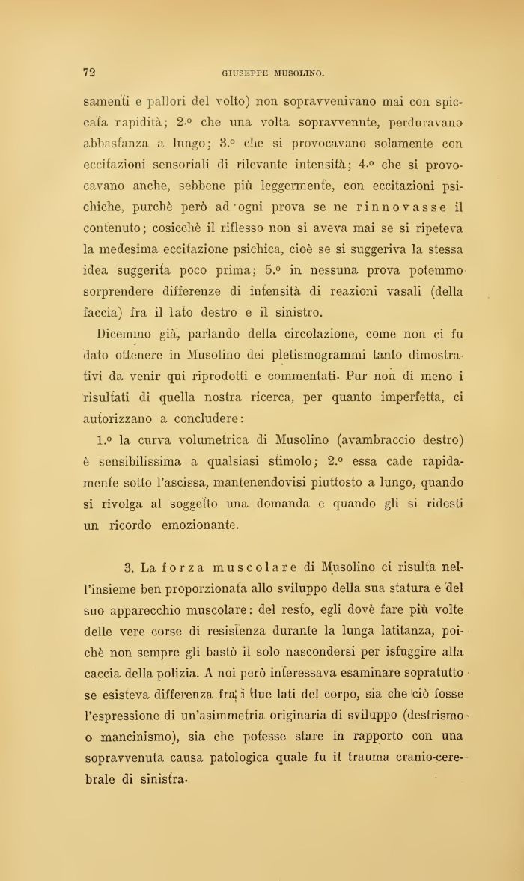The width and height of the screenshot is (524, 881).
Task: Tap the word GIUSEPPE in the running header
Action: pyautogui.click(x=248, y=73)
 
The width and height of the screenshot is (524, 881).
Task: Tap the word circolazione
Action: pyautogui.click(x=320, y=333)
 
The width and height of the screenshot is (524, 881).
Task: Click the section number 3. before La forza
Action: pyautogui.click(x=128, y=567)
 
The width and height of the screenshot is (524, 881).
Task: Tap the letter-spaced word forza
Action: pyautogui.click(x=187, y=567)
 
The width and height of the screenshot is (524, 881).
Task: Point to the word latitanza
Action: pyautogui.click(x=401, y=630)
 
